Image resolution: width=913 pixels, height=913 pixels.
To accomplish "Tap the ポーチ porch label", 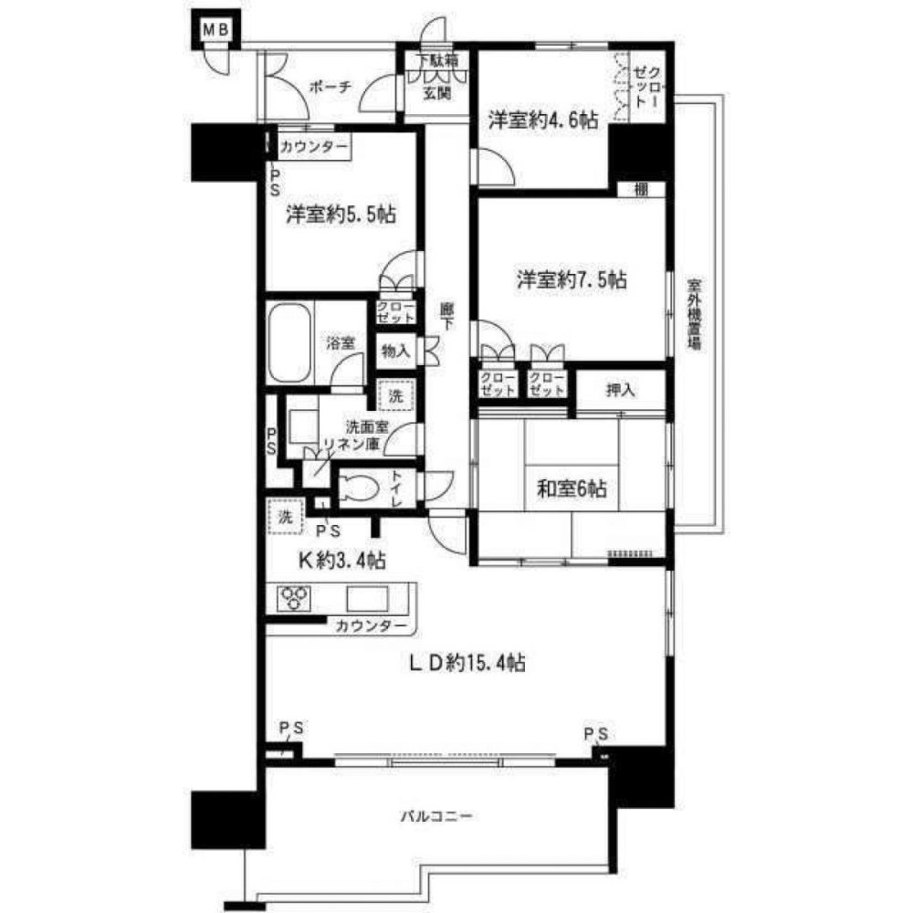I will pos(330,88).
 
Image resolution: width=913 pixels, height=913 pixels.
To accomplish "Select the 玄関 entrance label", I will pos(436,92).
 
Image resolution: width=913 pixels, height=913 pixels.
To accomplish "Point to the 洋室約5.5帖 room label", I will pos(341,215).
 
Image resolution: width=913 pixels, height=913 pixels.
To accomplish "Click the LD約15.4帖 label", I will pos(466,662).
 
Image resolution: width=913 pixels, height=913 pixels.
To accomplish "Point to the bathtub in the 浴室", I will pos(290,343).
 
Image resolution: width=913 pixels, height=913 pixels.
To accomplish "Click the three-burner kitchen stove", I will pos(293,598).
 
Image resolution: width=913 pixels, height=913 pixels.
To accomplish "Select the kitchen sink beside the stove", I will pos(368,599).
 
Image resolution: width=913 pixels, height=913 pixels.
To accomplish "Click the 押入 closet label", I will pos(621,390).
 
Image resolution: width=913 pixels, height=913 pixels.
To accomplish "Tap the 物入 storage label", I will pos(395,350).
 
